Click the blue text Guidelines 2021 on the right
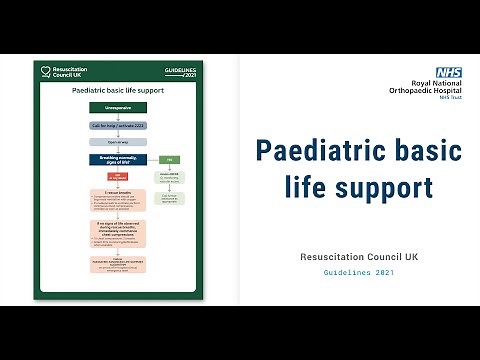coord(358,272)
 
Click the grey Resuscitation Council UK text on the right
coord(358,257)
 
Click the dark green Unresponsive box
coord(118,107)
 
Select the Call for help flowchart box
coord(118,125)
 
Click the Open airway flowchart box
coord(118,141)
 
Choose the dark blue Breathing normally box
coord(118,159)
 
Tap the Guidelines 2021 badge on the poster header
coord(182,72)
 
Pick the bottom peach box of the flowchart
coord(118,263)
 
